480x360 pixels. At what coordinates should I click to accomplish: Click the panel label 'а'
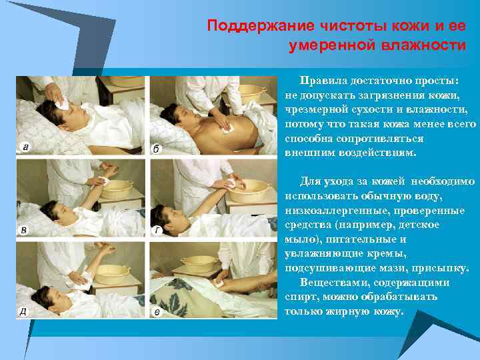(x=25, y=147)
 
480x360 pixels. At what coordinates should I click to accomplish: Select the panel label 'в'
(x=25, y=230)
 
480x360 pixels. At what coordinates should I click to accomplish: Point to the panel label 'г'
(x=158, y=231)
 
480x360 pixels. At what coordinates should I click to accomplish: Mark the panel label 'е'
(x=157, y=311)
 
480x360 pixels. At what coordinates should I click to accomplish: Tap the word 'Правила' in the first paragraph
(x=323, y=79)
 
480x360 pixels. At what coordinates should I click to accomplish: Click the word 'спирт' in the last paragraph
(x=298, y=297)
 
